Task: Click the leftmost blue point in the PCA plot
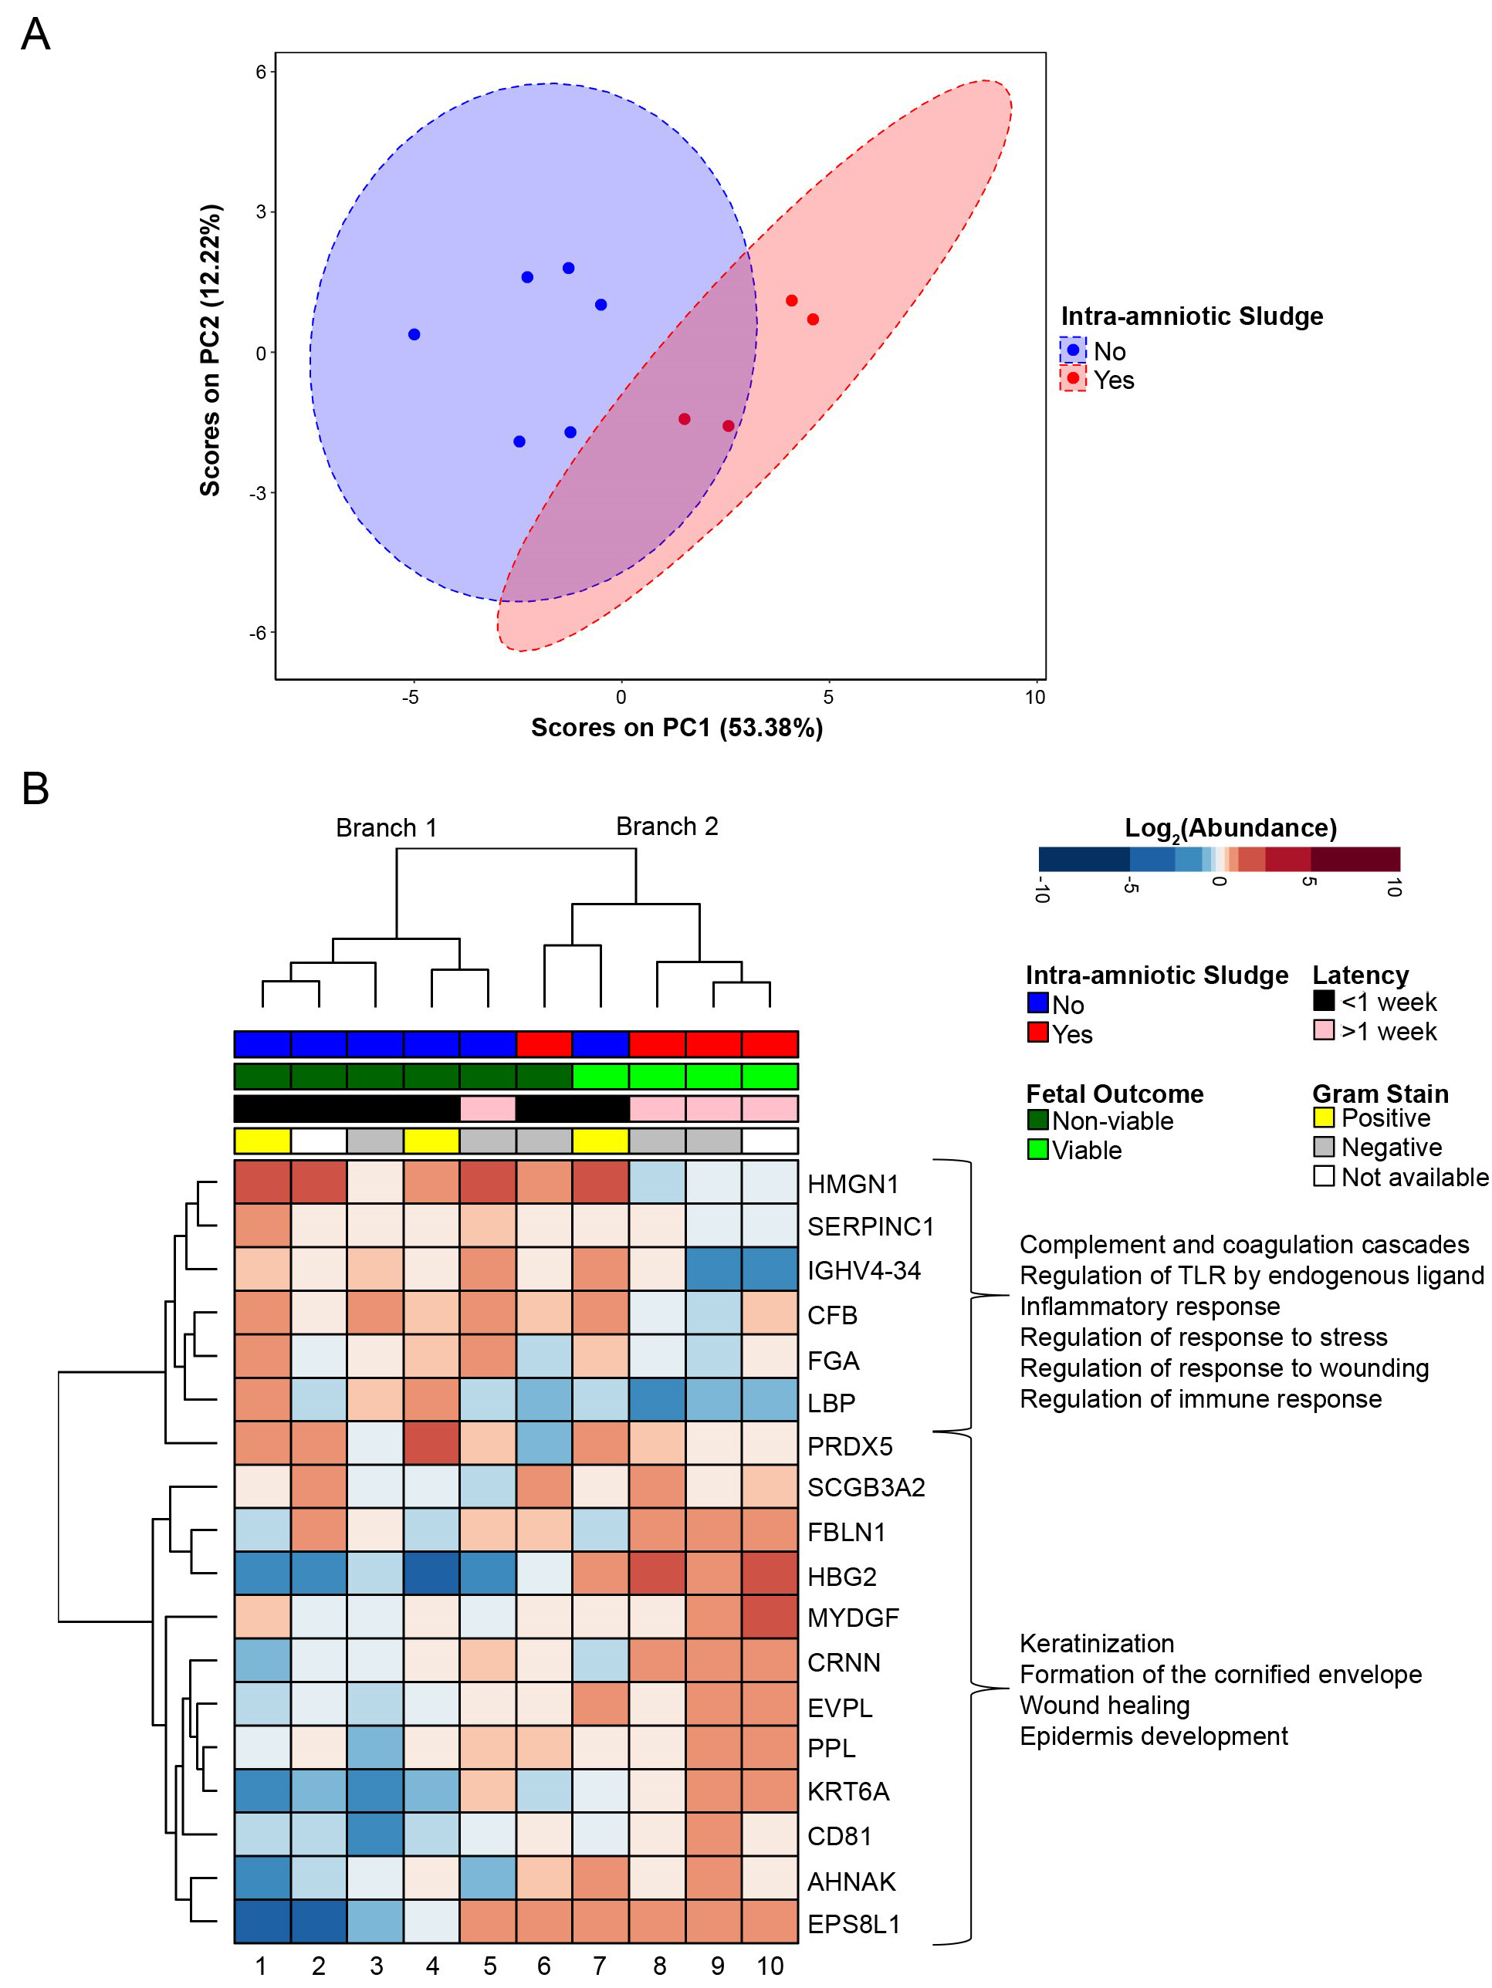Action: coord(414,334)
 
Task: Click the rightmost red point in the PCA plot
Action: coord(813,319)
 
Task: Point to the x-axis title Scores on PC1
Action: coord(676,727)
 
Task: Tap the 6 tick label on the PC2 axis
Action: coord(261,72)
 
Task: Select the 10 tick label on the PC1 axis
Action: coord(1034,698)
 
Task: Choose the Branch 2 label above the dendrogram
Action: coord(667,827)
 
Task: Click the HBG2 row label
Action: coord(841,1577)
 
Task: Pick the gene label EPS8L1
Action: coord(853,1924)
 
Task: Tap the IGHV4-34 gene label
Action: coord(864,1270)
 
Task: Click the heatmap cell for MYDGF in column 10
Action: coord(770,1618)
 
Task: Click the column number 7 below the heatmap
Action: coord(600,1966)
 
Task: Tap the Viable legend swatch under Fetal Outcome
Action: coord(1038,1149)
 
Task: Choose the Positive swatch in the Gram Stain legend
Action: coord(1323,1118)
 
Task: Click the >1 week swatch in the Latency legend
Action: coord(1323,1030)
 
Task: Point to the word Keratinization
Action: coord(1097,1644)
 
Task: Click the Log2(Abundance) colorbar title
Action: coord(1230,828)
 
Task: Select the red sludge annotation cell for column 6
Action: coord(543,1044)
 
